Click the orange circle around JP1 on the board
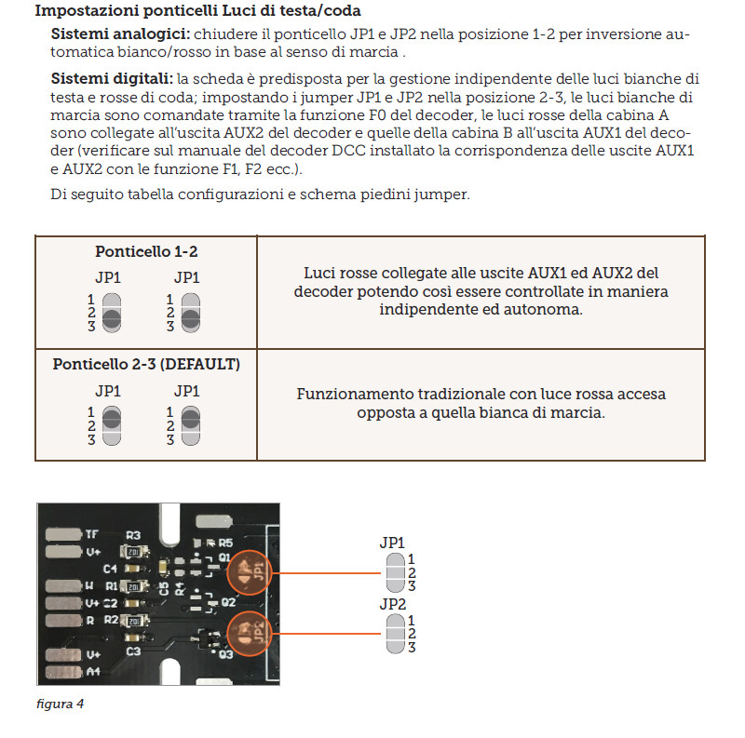248,571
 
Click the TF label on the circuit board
91,534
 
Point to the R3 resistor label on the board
133,536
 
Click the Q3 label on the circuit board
224,655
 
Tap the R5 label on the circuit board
224,542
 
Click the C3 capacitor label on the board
134,651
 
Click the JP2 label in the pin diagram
393,604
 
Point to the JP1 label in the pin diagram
393,543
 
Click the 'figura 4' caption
60,704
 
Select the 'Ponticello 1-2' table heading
146,251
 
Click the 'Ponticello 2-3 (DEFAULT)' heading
146,365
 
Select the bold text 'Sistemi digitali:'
105,78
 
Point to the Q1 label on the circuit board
224,557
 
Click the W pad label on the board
89,587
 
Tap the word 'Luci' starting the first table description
320,274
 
